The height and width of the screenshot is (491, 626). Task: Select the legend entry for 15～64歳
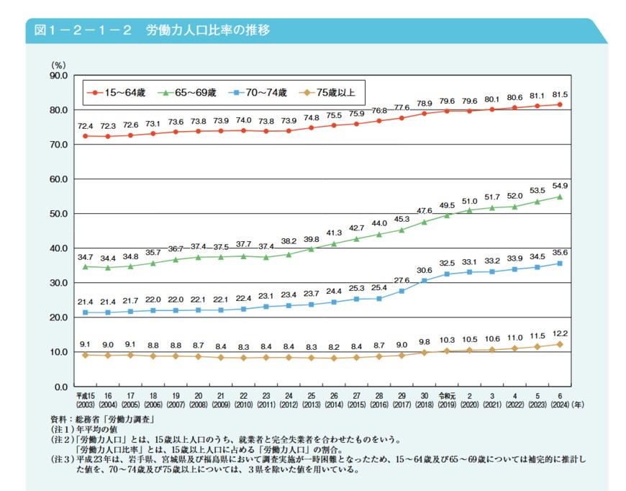point(119,92)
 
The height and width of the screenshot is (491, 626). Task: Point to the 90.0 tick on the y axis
point(57,75)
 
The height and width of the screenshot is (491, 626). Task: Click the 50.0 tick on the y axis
point(57,214)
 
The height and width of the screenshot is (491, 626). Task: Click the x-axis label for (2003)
point(86,404)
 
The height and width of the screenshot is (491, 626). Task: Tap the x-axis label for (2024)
point(560,404)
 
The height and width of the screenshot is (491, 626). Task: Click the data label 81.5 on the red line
point(559,94)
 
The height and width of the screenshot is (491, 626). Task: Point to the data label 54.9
point(559,186)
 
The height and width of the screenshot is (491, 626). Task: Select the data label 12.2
point(559,333)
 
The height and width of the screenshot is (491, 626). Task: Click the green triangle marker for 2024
point(559,197)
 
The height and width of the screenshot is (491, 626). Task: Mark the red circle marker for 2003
point(86,136)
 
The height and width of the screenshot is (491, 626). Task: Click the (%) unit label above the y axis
point(58,65)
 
